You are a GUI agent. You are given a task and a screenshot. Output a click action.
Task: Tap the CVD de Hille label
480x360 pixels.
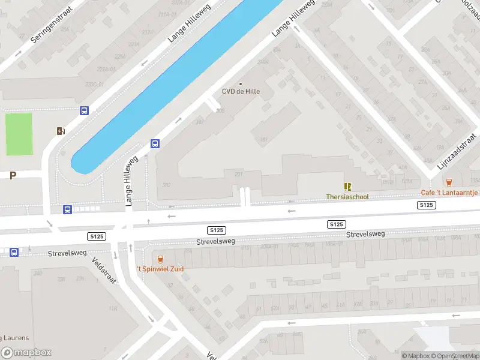coord(241,92)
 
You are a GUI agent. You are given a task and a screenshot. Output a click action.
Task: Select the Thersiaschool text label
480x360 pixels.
coord(347,196)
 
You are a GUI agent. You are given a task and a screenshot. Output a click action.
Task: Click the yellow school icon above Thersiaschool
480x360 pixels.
coord(347,187)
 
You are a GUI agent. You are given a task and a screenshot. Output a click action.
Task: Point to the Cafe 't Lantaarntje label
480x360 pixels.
coord(449,192)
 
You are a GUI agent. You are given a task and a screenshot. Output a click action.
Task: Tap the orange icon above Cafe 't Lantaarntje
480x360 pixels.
coord(449,182)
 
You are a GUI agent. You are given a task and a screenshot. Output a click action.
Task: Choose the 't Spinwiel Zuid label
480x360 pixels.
coord(160,268)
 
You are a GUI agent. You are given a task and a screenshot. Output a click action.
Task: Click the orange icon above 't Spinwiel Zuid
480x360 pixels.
coord(160,259)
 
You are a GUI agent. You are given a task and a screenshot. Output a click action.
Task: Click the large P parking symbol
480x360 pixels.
coord(13,175)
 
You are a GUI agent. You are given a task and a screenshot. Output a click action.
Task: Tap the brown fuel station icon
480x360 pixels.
coord(61,131)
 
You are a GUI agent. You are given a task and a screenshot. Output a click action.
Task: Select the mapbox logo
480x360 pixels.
coord(26,353)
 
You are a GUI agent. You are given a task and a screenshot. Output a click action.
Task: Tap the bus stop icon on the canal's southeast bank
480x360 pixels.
coord(155,143)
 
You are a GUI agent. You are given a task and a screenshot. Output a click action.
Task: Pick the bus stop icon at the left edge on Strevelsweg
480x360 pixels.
coord(14,252)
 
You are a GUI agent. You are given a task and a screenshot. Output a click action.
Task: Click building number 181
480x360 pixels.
coord(263,140)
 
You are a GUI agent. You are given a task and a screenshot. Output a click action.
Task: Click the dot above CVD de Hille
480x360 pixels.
coord(241,83)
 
